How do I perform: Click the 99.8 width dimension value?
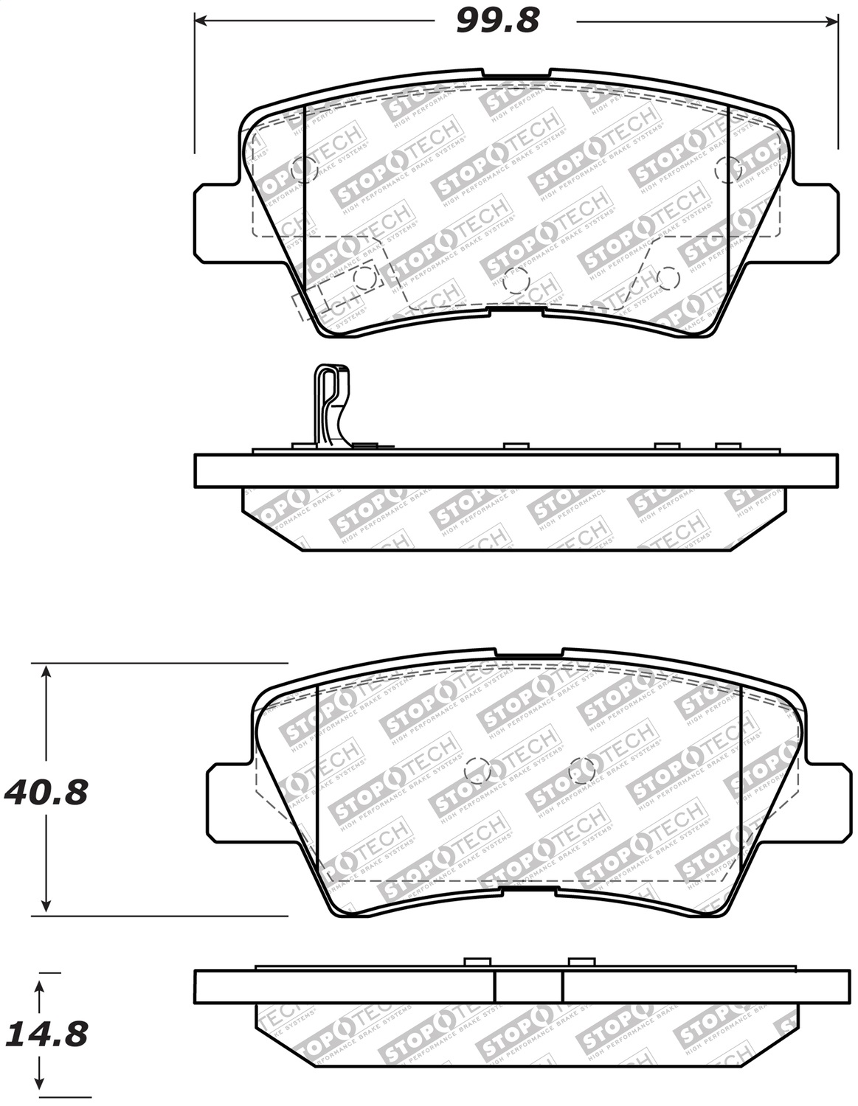pos(498,21)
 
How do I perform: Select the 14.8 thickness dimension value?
pos(46,1034)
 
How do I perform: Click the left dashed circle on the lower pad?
pos(478,771)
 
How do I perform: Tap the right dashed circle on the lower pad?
pos(582,770)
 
